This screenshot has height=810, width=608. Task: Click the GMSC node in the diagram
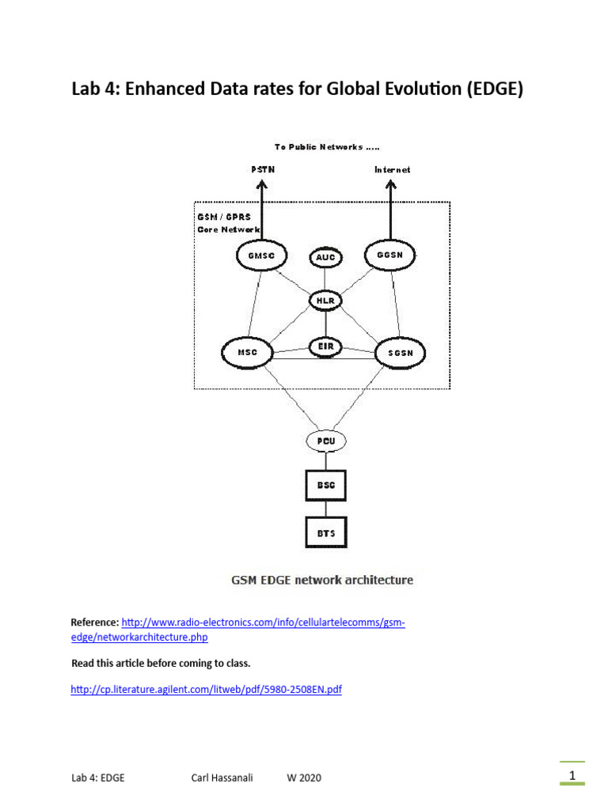tap(260, 255)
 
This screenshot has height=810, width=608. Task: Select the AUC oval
tap(325, 258)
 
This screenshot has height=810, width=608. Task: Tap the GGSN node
tap(389, 255)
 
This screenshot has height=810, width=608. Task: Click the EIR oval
tap(325, 346)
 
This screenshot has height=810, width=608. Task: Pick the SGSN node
tap(400, 353)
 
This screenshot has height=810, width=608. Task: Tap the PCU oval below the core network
tap(325, 441)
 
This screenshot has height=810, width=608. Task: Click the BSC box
tap(325, 485)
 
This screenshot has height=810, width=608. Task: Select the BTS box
tap(325, 532)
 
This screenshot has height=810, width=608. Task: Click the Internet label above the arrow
tap(392, 169)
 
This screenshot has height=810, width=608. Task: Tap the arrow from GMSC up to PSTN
tap(261, 210)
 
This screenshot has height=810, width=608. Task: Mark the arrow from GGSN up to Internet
tap(390, 210)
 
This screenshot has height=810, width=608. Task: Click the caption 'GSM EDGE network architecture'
tap(321, 580)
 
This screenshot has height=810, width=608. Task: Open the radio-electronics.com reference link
tap(263, 623)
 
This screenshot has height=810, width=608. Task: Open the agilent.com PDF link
tap(206, 690)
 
